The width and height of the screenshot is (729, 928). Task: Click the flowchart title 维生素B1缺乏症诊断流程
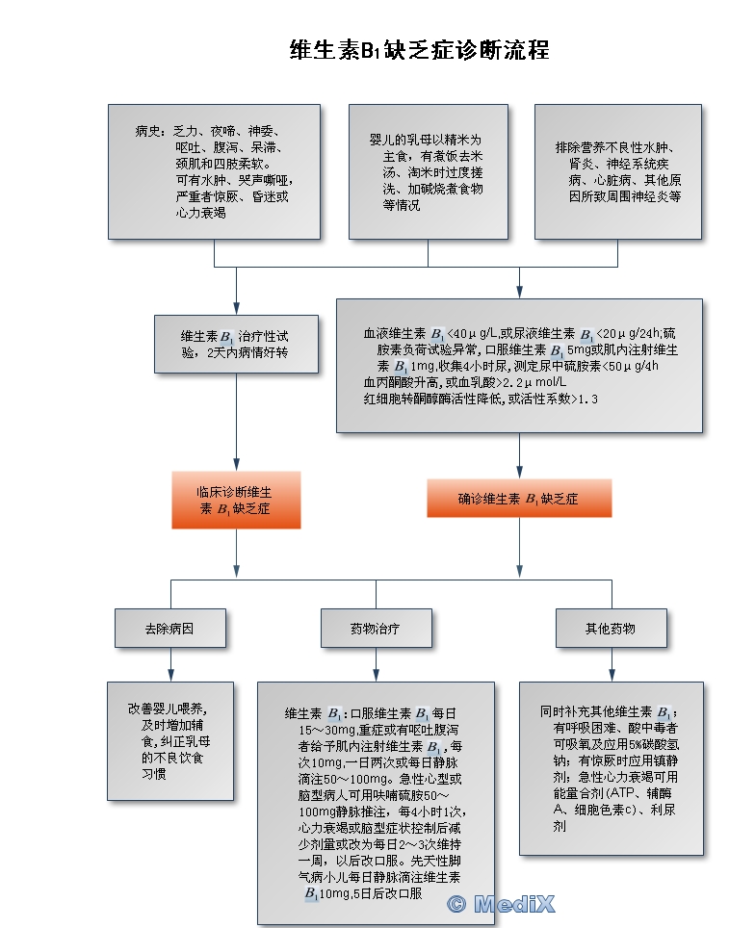point(419,50)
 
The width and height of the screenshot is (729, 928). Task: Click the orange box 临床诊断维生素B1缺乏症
point(236,501)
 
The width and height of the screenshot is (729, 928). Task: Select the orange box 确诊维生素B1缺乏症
point(518,500)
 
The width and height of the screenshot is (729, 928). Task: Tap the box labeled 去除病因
point(169,629)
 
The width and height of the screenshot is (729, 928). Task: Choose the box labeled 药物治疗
point(375,629)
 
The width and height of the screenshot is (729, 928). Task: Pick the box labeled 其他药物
point(611,629)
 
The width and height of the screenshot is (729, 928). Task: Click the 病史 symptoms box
point(214,171)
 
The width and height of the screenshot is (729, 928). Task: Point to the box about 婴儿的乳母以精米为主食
point(428,171)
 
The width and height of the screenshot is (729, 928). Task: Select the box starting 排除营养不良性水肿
point(618,171)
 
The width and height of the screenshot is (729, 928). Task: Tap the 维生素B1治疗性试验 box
point(236,344)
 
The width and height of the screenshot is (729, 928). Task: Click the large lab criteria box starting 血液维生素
point(519,365)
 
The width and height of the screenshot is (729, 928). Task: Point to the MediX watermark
point(502,903)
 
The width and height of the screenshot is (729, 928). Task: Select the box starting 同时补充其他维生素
point(612,768)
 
